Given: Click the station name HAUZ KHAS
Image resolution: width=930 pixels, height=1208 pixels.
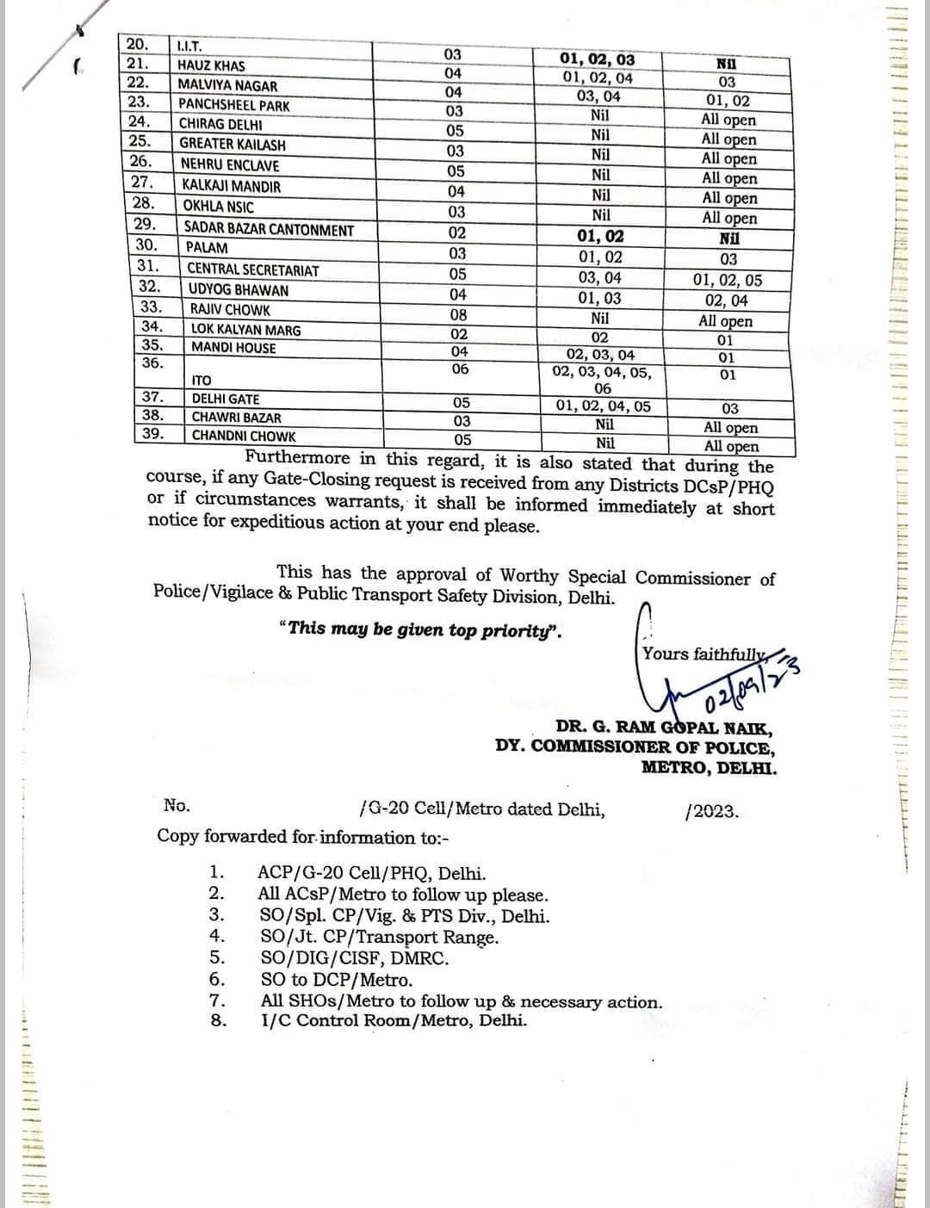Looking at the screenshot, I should tap(211, 65).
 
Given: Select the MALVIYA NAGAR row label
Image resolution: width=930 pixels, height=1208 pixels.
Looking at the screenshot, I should tap(227, 85).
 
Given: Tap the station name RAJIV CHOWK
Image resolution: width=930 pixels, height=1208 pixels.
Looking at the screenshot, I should tap(230, 310).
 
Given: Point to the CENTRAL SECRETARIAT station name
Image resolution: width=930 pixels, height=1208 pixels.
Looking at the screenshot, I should tap(253, 270).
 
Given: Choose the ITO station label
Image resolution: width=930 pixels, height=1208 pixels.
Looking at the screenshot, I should tap(201, 380).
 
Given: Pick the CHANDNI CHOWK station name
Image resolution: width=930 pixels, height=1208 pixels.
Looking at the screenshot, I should tap(243, 436).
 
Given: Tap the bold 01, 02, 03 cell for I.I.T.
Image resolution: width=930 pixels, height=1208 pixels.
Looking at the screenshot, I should tap(597, 59).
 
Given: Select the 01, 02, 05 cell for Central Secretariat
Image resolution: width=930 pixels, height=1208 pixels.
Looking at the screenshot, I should tap(728, 280).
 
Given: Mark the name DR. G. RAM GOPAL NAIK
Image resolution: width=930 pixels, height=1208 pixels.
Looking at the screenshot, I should tap(666, 728).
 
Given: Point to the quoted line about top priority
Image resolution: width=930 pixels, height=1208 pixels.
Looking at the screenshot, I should tap(420, 629).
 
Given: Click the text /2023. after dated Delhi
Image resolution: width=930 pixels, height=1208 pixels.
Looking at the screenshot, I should tap(711, 811).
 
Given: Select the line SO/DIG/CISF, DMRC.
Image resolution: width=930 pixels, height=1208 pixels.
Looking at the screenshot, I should tap(354, 957).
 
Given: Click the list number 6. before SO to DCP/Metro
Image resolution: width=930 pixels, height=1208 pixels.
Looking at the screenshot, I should tap(218, 979).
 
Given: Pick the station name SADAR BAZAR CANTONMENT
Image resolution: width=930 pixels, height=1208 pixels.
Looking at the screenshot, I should tap(269, 230).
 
